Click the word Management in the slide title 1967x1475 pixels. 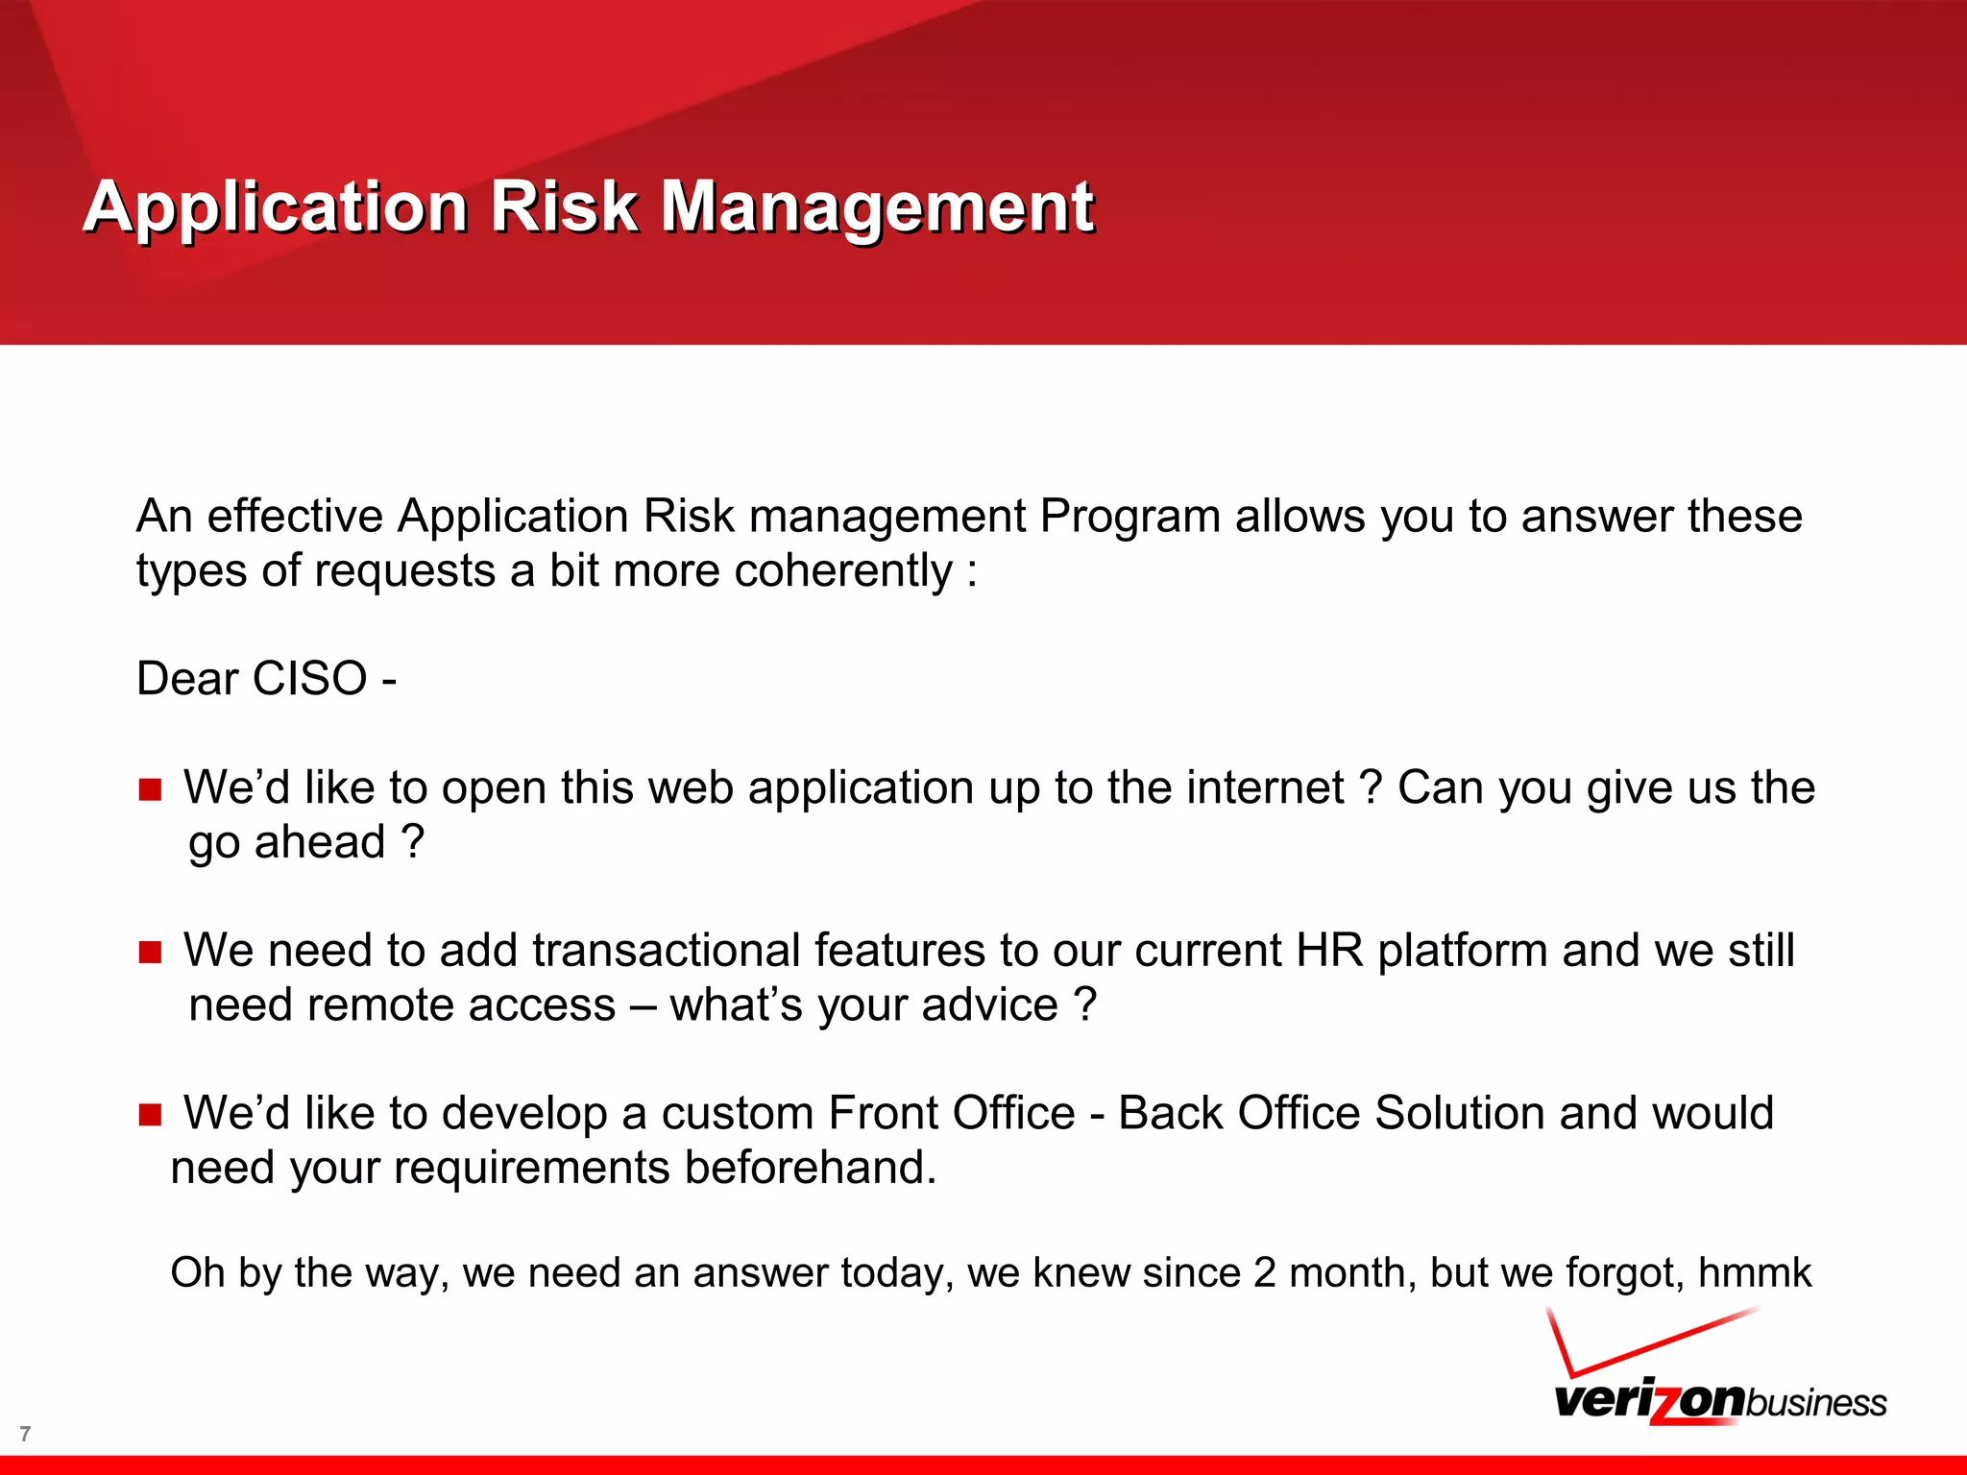[x=877, y=206]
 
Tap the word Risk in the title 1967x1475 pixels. [x=564, y=206]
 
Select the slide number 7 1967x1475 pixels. [x=25, y=1434]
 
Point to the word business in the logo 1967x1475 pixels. [x=1815, y=1403]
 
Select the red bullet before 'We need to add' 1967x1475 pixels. [x=150, y=953]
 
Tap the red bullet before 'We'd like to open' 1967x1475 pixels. [x=150, y=790]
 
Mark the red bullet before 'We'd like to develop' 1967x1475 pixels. [x=150, y=1115]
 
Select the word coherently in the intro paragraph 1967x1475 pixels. [x=843, y=571]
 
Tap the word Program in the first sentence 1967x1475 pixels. [x=1129, y=517]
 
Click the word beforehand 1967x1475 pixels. [x=810, y=1169]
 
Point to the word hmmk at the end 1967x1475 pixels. [x=1754, y=1273]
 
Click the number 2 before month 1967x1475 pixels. [x=1264, y=1273]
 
